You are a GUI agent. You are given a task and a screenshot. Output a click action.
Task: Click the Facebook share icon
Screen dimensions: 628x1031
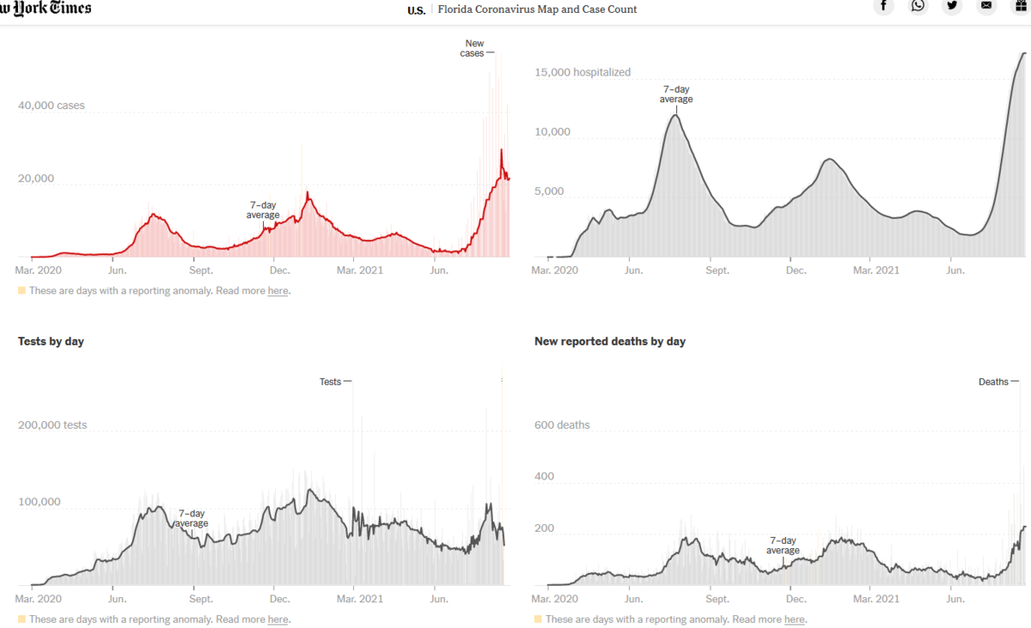point(883,6)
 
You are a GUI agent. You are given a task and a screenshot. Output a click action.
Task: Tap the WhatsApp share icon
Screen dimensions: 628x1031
point(918,6)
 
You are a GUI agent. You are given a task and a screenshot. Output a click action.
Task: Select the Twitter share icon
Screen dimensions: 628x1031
point(952,6)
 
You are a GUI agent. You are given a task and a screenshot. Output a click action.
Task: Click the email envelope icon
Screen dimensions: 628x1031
point(986,6)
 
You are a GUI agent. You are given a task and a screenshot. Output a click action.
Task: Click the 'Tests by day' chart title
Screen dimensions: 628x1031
point(51,342)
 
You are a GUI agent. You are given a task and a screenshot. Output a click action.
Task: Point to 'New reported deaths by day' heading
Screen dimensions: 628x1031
point(610,342)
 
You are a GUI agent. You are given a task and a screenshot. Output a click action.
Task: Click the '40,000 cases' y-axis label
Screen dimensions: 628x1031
point(52,107)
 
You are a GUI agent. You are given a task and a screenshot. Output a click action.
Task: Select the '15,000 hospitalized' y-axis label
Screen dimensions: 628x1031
point(583,73)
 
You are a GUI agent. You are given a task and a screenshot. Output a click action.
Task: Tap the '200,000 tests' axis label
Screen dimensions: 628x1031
point(52,425)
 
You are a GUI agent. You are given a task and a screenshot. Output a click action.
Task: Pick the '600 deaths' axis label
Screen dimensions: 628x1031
point(562,425)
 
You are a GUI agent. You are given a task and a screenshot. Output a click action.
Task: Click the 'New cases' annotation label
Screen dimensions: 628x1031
point(473,48)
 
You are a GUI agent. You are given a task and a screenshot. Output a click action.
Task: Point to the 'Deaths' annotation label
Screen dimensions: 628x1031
point(993,382)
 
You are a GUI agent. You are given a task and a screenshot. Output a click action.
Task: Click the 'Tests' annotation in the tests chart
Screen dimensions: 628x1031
point(331,382)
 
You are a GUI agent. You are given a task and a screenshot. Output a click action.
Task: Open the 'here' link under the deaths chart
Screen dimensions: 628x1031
point(795,619)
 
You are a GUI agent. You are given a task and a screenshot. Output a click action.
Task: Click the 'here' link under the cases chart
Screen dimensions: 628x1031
point(278,291)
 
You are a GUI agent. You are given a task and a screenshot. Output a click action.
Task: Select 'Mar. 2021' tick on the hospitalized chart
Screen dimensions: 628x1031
point(875,271)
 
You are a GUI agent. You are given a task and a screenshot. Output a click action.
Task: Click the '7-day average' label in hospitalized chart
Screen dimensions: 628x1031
point(676,95)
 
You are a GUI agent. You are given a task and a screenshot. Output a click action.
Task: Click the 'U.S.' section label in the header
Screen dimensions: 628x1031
point(416,10)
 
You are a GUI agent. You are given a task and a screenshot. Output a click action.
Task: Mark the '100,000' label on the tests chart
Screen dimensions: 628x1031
point(40,503)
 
